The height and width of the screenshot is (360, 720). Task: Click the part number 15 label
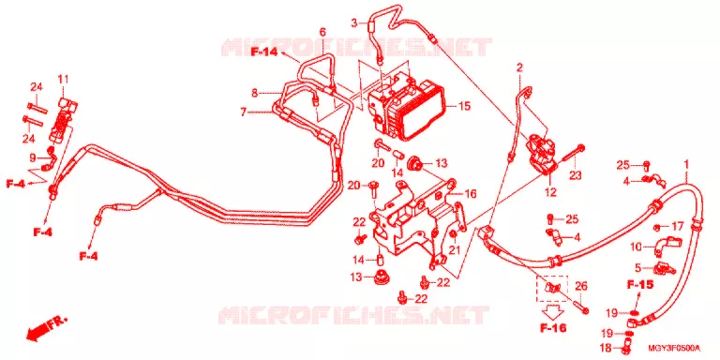pos(464,106)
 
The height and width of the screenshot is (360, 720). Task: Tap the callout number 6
pos(322,32)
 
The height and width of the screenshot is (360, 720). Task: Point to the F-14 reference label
pos(264,52)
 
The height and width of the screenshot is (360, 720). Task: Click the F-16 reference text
pos(553,328)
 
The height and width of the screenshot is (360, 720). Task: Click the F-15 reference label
pos(640,285)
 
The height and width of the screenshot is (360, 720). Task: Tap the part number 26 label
pos(581,287)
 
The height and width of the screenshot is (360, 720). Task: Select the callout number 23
pos(576,175)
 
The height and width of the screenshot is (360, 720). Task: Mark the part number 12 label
pos(550,192)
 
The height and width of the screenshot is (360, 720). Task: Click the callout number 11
pos(63,79)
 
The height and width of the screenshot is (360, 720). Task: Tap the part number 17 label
pos(678,226)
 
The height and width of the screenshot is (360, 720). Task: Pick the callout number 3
pos(354,22)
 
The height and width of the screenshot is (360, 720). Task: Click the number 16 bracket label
pos(471,194)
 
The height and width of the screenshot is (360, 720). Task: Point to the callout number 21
pos(454,250)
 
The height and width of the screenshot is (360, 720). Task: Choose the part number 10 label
pos(636,247)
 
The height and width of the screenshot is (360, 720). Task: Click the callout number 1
pos(686,164)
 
